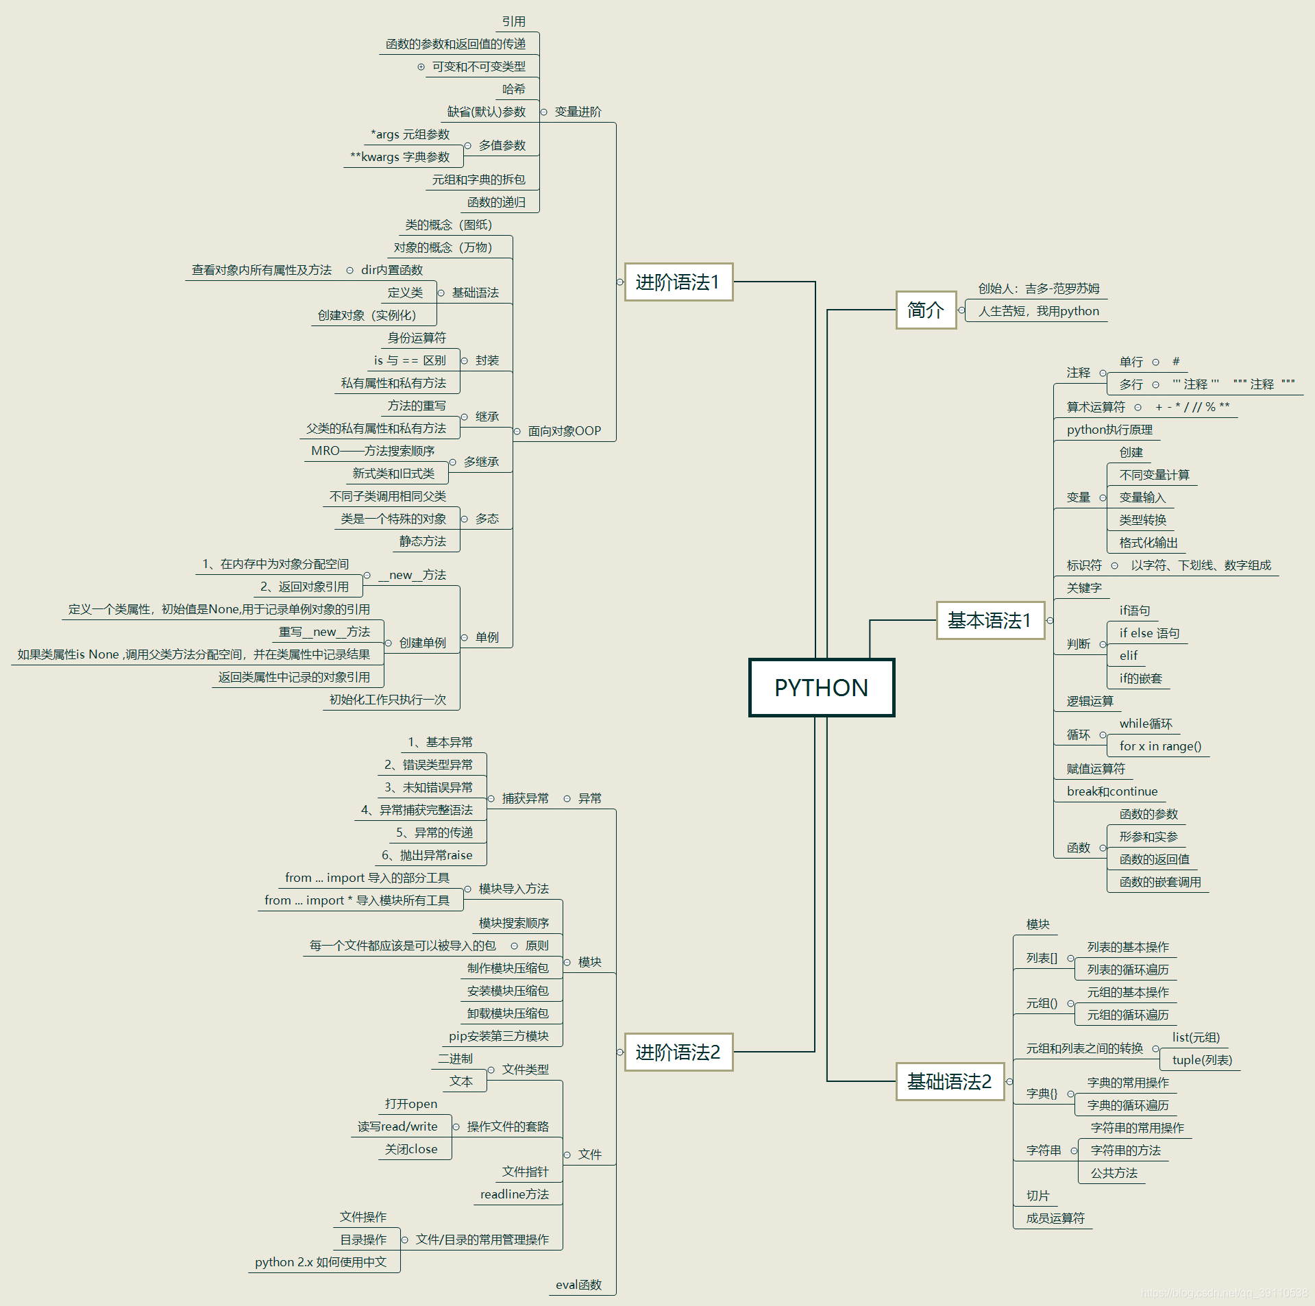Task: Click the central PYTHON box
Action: pos(821,687)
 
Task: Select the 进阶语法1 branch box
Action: pos(678,282)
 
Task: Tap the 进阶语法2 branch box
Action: pos(678,1052)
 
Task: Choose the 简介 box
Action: pos(925,310)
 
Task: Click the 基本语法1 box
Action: pos(989,620)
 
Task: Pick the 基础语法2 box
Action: pos(949,1081)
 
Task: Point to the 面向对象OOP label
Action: pos(564,431)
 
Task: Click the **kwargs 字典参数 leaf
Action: pos(400,157)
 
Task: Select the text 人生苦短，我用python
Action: pos(1038,311)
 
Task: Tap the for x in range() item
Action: pos(1159,746)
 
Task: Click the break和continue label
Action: pos(1111,791)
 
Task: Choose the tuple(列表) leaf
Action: pos(1202,1060)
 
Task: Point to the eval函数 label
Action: pos(578,1285)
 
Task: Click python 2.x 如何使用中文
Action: pos(321,1262)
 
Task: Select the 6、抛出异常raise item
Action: pos(427,855)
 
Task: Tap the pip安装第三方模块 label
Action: pos(499,1036)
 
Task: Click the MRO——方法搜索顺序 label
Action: pos(373,451)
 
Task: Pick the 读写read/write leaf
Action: pos(397,1126)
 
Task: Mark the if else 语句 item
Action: pos(1149,633)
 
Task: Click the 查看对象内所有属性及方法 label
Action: pos(262,270)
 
